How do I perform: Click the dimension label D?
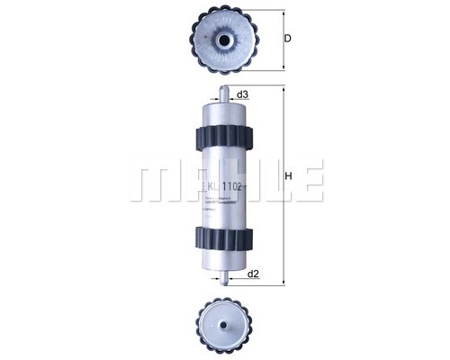click(x=287, y=38)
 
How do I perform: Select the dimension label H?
click(x=289, y=176)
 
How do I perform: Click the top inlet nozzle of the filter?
click(x=223, y=94)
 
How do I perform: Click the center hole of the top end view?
click(x=223, y=40)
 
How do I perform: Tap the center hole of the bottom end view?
click(x=223, y=319)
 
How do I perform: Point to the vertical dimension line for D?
click(x=283, y=40)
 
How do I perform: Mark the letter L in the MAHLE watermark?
click(x=271, y=180)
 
